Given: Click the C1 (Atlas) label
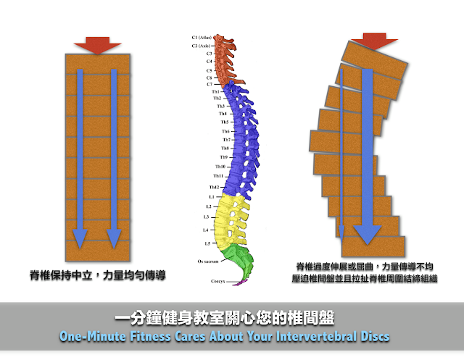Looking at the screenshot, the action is tap(202, 36).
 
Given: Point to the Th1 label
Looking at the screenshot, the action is tap(215, 92).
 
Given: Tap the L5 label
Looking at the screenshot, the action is tap(208, 243).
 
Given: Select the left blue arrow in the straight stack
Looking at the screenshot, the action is tap(80, 156).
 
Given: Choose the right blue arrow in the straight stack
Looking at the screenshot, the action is tap(114, 156).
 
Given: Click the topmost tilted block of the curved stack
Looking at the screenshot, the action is tap(371, 58).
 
